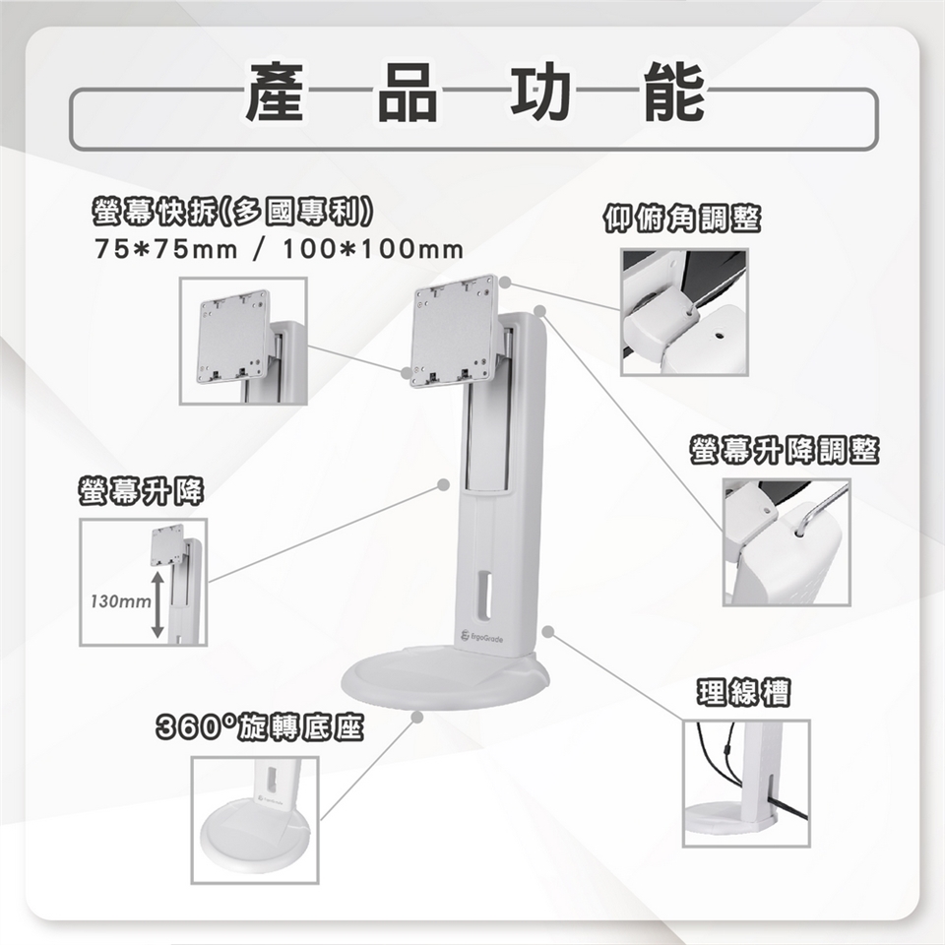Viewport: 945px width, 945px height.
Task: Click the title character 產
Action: point(275,92)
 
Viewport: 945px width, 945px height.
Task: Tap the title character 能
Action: point(674,92)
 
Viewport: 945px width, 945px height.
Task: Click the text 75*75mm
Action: point(166,249)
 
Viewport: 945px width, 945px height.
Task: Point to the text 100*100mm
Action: point(373,249)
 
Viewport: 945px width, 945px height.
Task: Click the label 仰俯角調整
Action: point(682,219)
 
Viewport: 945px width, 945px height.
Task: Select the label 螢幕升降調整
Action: point(785,451)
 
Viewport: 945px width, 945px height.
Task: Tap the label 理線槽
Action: point(744,692)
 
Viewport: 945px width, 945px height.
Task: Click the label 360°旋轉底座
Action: point(260,727)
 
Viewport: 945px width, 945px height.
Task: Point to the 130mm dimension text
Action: point(120,601)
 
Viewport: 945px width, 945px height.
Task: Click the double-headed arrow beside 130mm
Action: point(157,604)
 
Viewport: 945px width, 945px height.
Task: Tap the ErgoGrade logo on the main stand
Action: point(481,638)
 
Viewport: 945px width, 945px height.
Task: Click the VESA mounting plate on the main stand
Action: point(454,331)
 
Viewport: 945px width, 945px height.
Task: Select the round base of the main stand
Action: point(445,677)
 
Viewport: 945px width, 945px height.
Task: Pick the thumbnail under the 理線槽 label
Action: point(746,783)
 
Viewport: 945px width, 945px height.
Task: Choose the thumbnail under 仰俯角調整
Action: point(685,312)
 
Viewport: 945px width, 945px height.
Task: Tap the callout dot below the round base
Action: point(416,718)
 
